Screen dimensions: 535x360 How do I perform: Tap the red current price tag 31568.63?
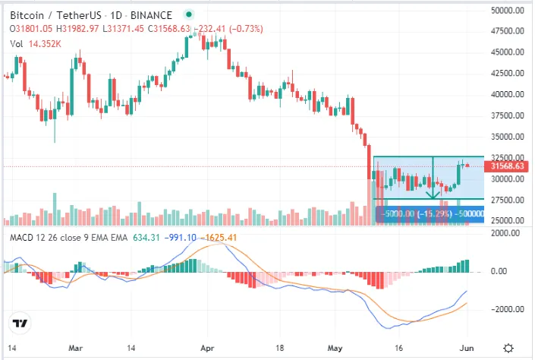[x=507, y=166]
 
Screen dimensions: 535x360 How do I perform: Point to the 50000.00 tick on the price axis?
[x=508, y=11]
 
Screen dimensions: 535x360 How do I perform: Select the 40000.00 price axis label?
[x=508, y=94]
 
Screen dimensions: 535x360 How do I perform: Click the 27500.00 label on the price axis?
[x=508, y=200]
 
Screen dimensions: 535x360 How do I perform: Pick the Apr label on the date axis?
[x=207, y=348]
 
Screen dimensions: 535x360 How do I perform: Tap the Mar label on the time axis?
[x=75, y=348]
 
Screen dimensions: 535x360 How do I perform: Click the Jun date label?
[x=467, y=348]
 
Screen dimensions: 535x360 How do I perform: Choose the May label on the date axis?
[x=335, y=348]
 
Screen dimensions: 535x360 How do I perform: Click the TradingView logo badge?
[x=20, y=323]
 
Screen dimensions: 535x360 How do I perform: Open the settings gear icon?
[x=508, y=349]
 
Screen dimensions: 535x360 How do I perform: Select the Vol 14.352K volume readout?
[x=36, y=44]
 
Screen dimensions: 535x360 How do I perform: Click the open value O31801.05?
[x=31, y=29]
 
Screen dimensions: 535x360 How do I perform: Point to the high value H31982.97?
[x=77, y=29]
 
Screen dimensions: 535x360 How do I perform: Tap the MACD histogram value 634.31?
[x=146, y=238]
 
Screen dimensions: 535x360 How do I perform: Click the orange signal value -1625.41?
[x=219, y=238]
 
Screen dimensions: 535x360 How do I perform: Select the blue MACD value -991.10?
[x=180, y=238]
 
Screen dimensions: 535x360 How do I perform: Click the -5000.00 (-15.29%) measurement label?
[x=417, y=214]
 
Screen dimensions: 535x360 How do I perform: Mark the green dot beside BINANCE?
[x=189, y=14]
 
